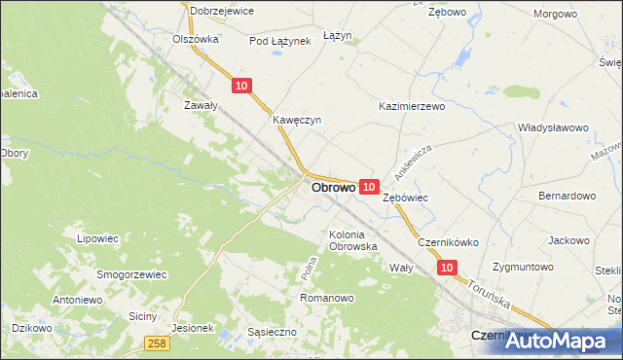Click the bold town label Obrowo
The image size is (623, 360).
(x=332, y=187)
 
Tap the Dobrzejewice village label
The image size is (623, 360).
(x=222, y=11)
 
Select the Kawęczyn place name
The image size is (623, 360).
(x=297, y=121)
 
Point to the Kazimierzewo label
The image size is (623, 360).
(x=411, y=105)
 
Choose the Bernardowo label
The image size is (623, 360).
(x=567, y=196)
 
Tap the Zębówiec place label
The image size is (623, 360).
(x=406, y=197)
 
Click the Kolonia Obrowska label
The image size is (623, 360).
(x=352, y=240)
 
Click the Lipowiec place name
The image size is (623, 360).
(x=96, y=237)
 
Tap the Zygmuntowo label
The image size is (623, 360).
(x=523, y=267)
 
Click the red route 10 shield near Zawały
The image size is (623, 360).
(x=242, y=87)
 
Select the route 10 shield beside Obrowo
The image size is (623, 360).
(x=368, y=186)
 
